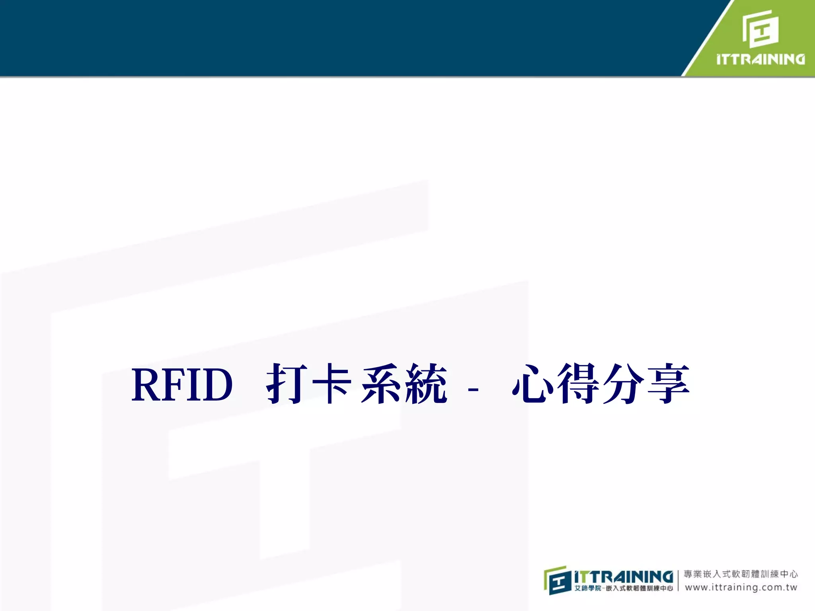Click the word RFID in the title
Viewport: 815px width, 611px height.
click(182, 384)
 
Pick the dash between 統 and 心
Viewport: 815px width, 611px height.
click(473, 388)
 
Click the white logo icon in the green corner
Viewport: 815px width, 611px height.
click(760, 29)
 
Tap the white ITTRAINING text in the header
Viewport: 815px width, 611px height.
click(760, 59)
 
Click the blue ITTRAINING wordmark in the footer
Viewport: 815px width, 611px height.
click(624, 576)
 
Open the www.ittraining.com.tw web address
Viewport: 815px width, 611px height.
click(741, 587)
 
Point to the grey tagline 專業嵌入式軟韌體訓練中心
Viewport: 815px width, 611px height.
click(741, 574)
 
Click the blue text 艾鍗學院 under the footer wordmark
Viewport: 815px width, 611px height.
click(587, 588)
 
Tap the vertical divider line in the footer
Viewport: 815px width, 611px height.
click(678, 580)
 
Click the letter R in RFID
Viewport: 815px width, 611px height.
click(146, 384)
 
